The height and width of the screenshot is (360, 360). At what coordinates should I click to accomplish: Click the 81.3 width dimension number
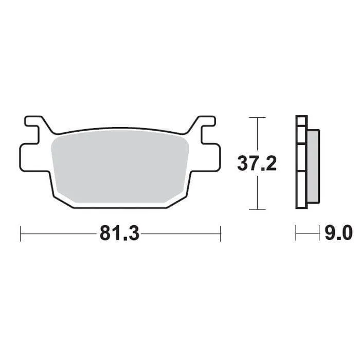click(x=119, y=233)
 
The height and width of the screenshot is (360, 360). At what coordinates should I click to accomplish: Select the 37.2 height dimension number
click(x=257, y=164)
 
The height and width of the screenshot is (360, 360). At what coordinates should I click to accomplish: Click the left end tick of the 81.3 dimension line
click(x=20, y=233)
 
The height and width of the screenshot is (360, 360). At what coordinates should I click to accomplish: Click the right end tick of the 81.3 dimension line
click(x=220, y=233)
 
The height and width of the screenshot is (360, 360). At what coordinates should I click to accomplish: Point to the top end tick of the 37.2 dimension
click(x=257, y=118)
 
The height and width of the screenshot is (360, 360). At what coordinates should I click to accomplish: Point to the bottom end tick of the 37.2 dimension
click(x=257, y=209)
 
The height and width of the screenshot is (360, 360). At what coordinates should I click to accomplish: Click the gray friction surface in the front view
click(x=121, y=165)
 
